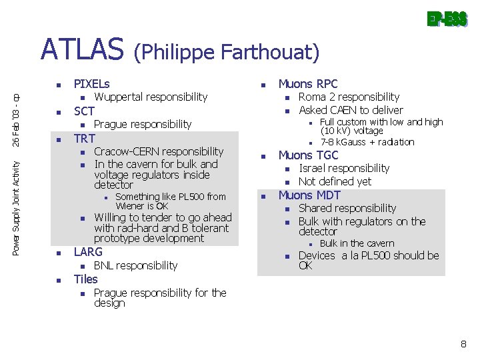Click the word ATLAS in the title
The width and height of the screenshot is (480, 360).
pos(82,49)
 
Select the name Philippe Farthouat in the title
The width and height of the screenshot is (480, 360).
pos(227,51)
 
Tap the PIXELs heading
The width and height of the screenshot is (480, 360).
pos(92,84)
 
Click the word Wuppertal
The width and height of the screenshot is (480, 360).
pos(118,97)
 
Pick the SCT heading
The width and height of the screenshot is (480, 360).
pos(84,111)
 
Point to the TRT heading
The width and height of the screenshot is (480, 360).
pos(84,139)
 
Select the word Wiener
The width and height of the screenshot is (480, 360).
pos(130,206)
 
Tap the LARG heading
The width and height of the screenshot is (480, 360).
pos(88,252)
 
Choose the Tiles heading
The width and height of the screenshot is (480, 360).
pos(85,279)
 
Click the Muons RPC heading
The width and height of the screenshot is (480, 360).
pos(308,84)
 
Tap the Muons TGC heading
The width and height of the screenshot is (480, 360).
pos(308,155)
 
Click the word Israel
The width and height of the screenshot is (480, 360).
pos(313,168)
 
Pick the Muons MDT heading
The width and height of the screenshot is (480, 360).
pos(309,195)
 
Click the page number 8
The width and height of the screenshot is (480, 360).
pos(463,344)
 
